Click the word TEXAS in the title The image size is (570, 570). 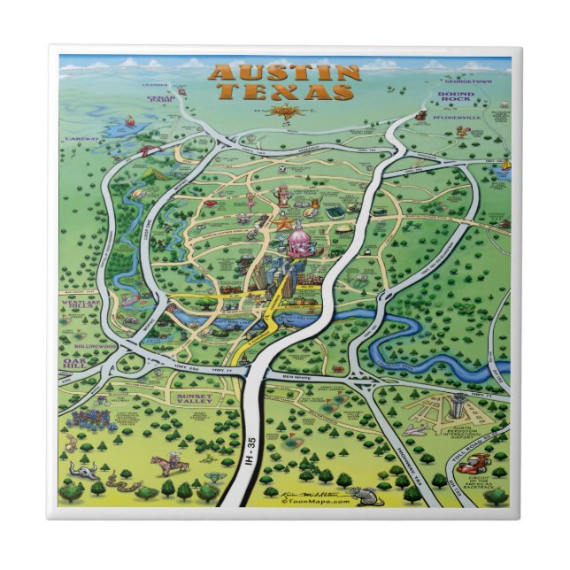[x=286, y=91]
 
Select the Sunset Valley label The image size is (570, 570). [x=196, y=399]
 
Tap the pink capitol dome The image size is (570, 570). [x=296, y=237]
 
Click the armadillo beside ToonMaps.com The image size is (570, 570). [x=359, y=496]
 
